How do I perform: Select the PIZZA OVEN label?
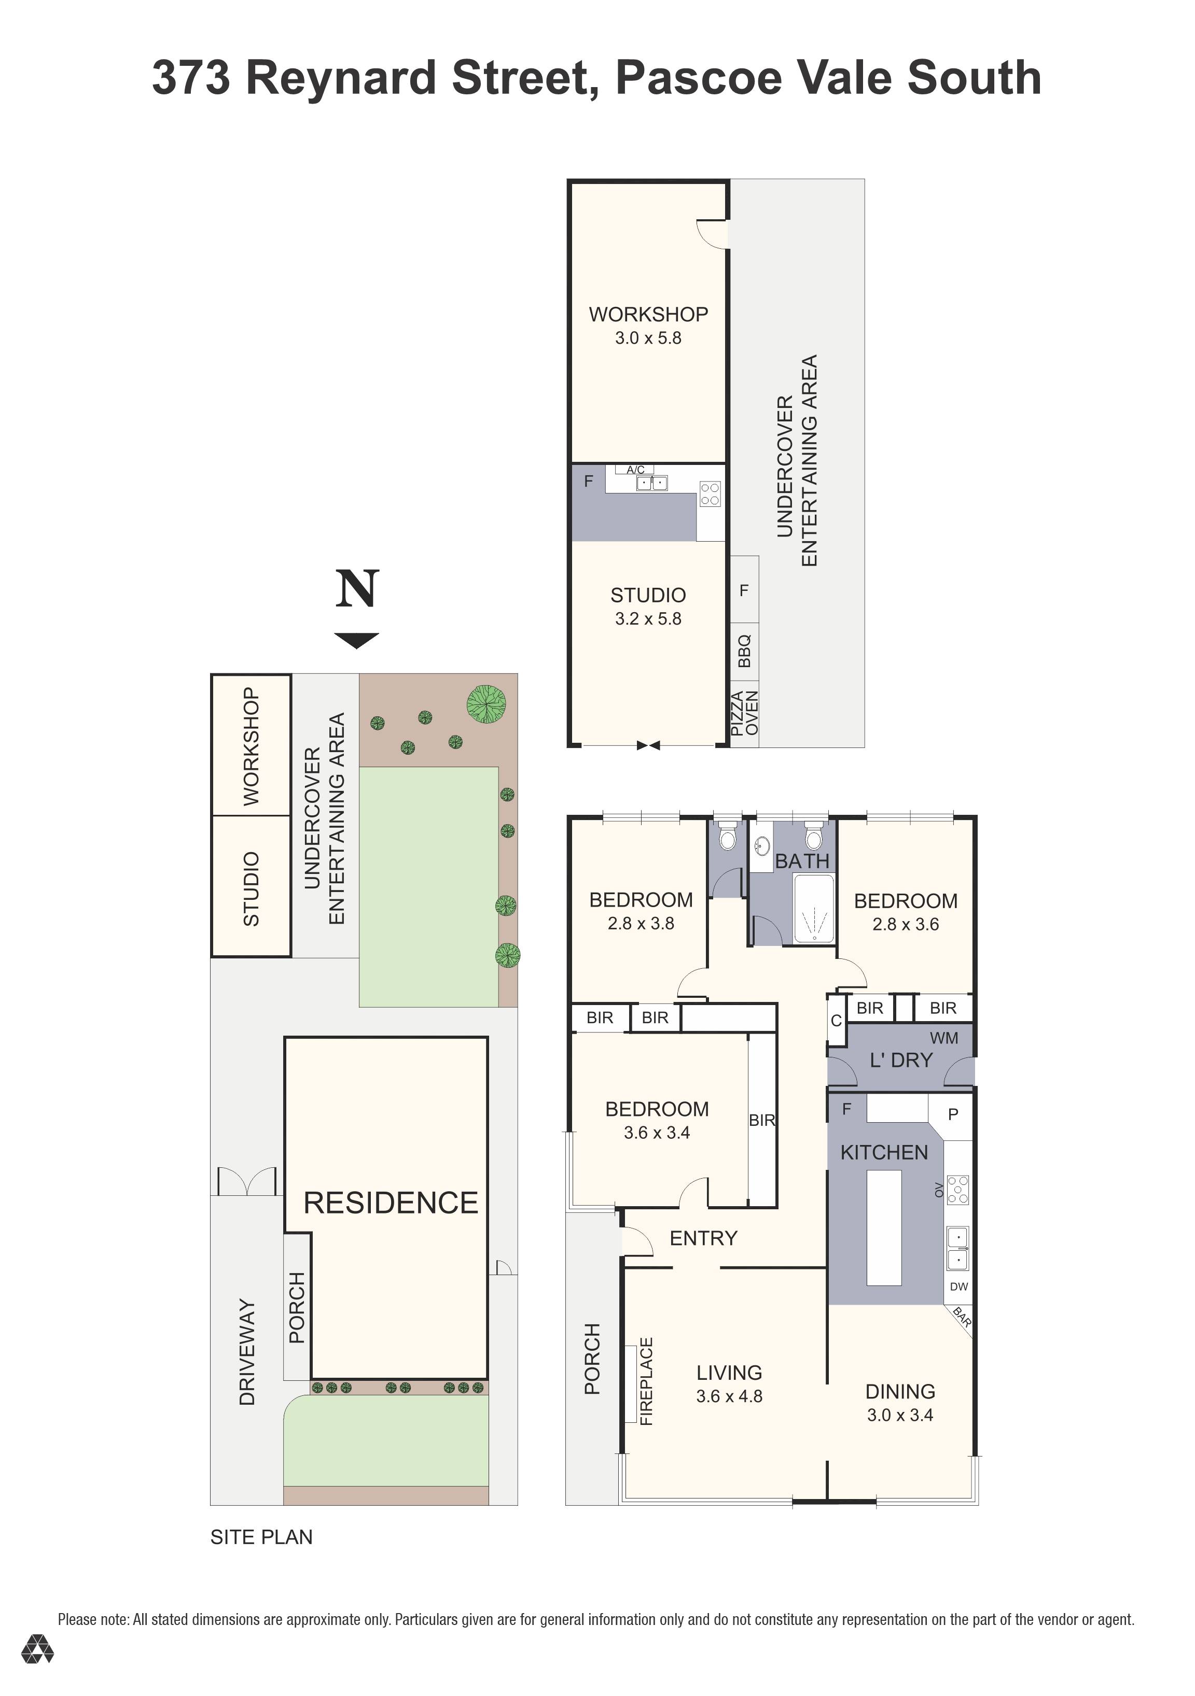point(744,713)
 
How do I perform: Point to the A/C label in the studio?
point(635,470)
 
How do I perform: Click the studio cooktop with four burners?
point(710,493)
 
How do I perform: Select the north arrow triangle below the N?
point(356,640)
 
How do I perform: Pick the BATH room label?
point(802,861)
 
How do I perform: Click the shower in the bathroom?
point(814,909)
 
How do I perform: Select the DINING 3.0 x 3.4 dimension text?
point(899,1415)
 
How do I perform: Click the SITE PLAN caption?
point(261,1537)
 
